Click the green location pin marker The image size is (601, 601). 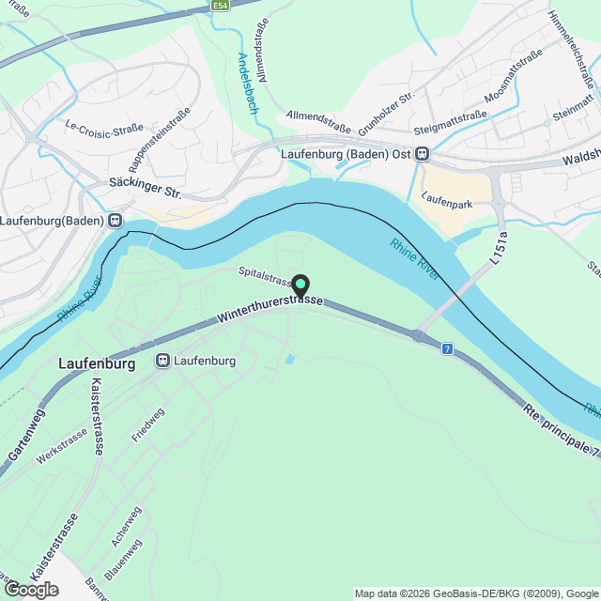point(300,284)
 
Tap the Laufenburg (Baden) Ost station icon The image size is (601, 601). point(424,154)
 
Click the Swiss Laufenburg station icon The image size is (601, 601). point(163,360)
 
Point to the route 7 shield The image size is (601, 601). point(447,348)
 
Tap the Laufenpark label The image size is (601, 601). point(446,200)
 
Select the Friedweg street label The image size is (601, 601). point(147,424)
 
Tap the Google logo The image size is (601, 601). point(30,590)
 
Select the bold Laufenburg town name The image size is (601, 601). point(98,362)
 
